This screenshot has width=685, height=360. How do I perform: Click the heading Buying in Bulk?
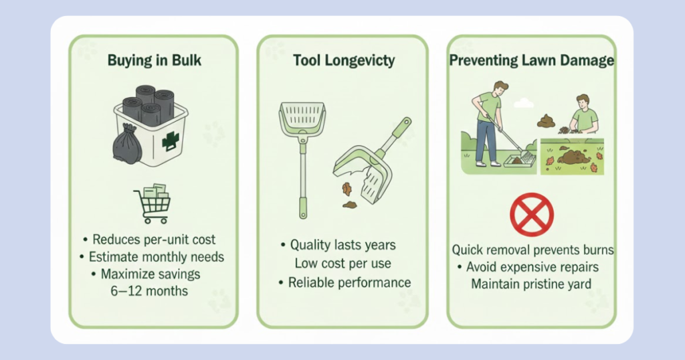[x=155, y=60]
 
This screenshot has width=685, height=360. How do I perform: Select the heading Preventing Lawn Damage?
[x=532, y=60]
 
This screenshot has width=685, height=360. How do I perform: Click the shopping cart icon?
[x=153, y=203]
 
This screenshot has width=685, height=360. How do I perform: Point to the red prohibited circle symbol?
[x=532, y=215]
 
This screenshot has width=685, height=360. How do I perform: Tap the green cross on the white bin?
[x=171, y=141]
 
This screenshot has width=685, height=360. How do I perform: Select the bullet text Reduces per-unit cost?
[x=154, y=240]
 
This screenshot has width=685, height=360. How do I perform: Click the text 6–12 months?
[x=149, y=291]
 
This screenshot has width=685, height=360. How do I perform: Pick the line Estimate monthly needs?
[x=157, y=256]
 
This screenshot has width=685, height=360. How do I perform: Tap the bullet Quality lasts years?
[x=343, y=245]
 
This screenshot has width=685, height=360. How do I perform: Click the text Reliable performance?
[x=349, y=282]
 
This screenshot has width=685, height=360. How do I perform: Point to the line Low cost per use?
[x=343, y=264]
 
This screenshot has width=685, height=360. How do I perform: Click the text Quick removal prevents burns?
[x=532, y=250]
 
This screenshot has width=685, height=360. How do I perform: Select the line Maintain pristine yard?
[x=531, y=284]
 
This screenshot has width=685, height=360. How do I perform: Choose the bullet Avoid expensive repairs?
[x=532, y=267]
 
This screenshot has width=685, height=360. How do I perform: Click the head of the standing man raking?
[x=500, y=90]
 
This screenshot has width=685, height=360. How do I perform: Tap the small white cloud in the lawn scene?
[x=523, y=103]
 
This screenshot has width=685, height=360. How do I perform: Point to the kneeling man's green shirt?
[x=585, y=119]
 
